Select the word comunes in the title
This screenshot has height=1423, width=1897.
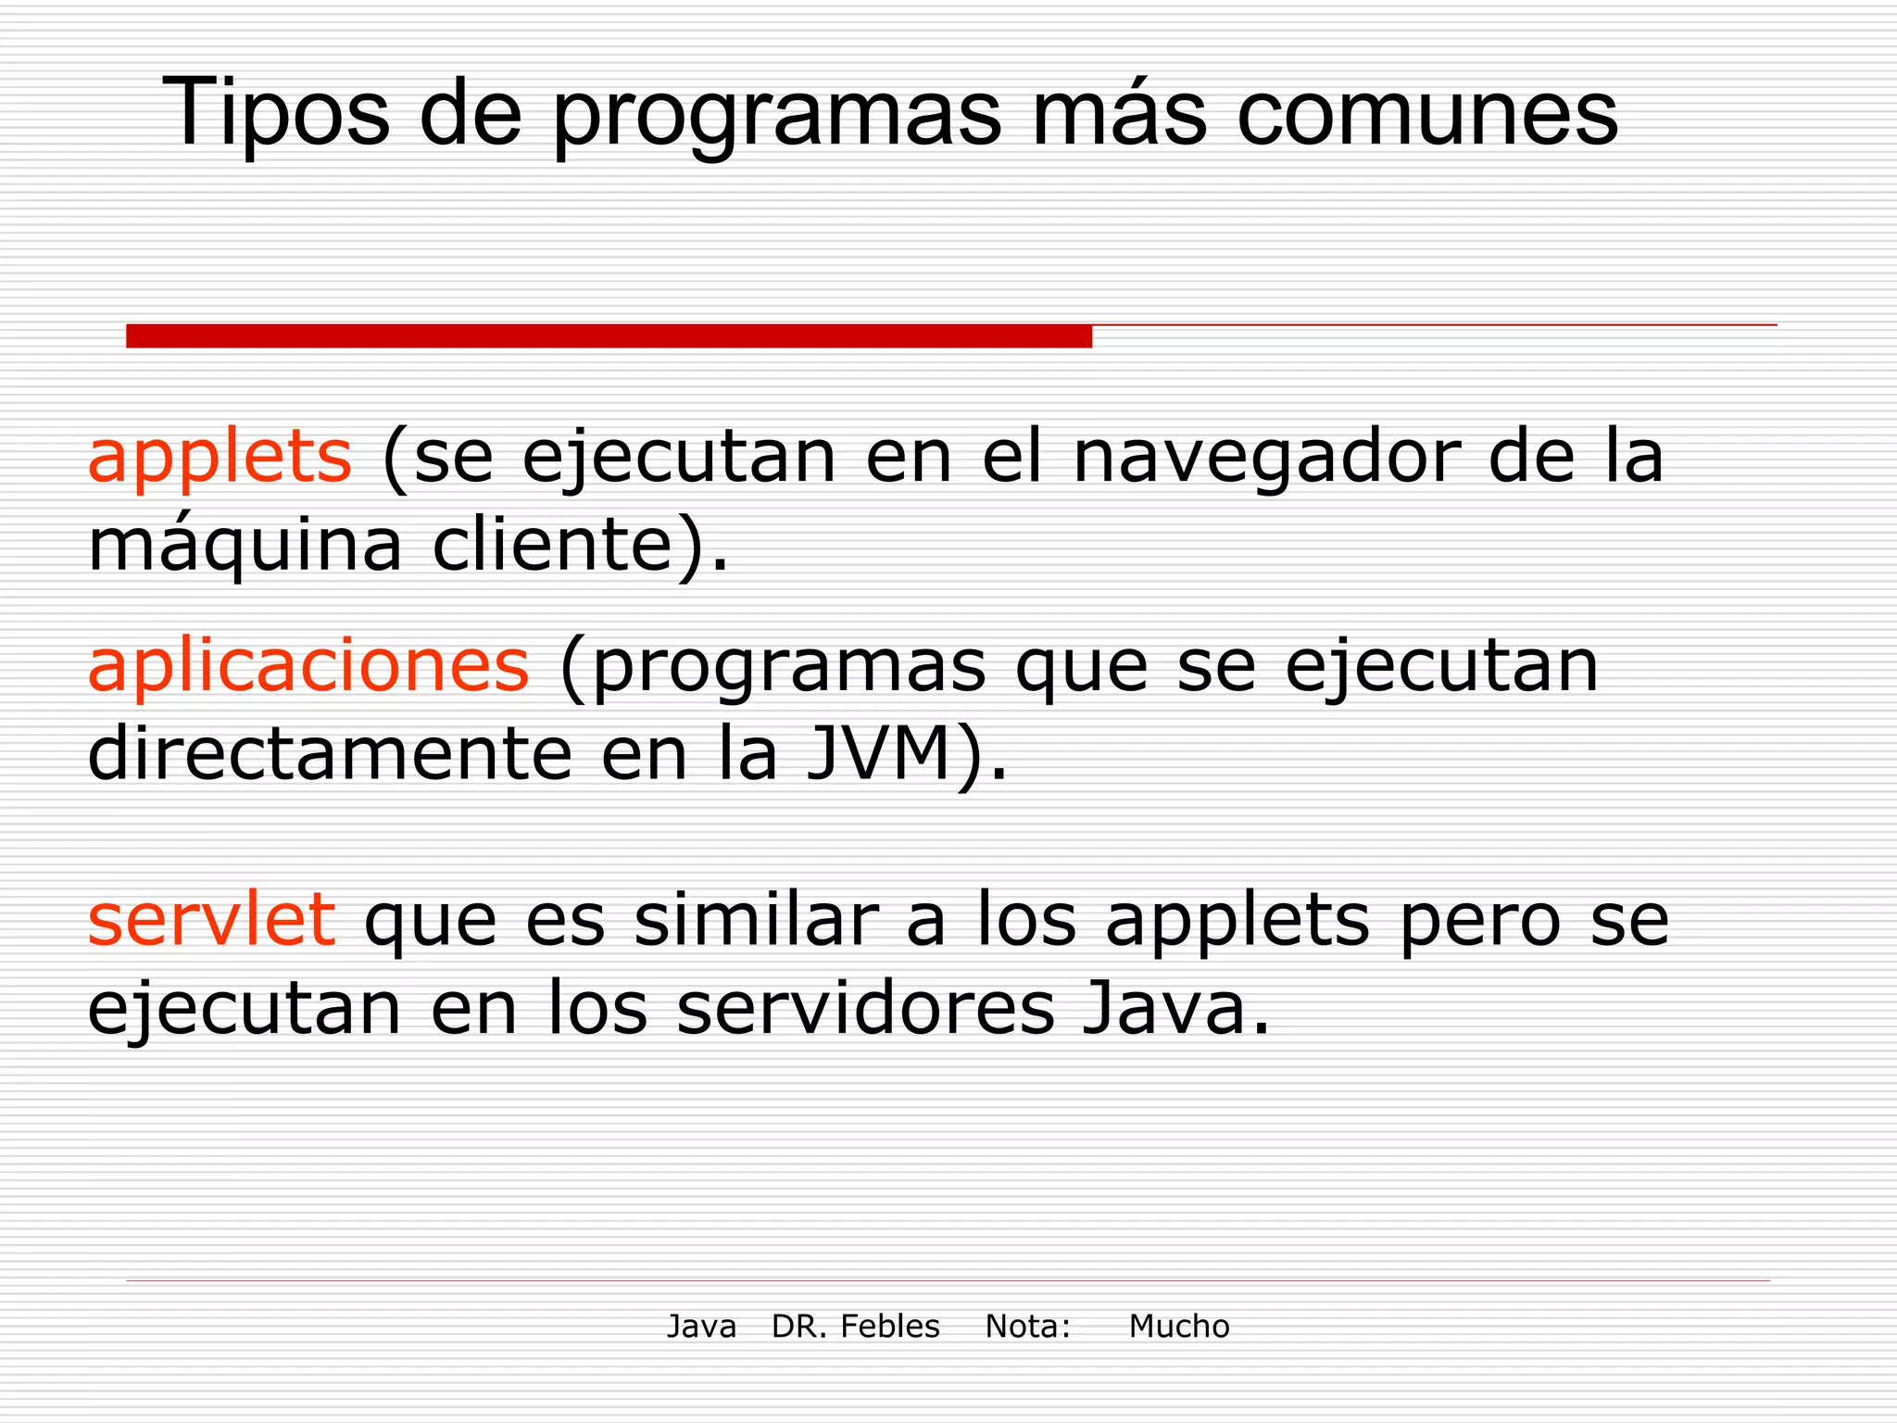pos(1426,114)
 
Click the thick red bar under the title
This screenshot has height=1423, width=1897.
pos(609,336)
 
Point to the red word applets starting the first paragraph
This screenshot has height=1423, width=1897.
pos(220,459)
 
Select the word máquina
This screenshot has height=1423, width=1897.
pos(245,547)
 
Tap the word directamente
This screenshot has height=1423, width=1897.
pos(330,755)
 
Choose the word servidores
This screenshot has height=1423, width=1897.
pos(865,1009)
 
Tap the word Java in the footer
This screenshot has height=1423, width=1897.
pos(701,1327)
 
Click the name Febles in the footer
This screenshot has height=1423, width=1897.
pos(890,1327)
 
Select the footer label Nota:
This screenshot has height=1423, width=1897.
pos(1027,1327)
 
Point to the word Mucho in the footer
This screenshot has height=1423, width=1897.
pos(1178,1327)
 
